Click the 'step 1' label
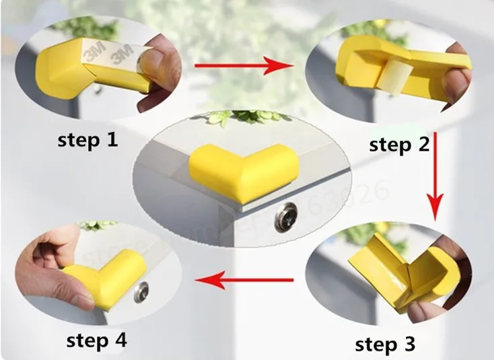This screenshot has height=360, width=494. tap(87, 140)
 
